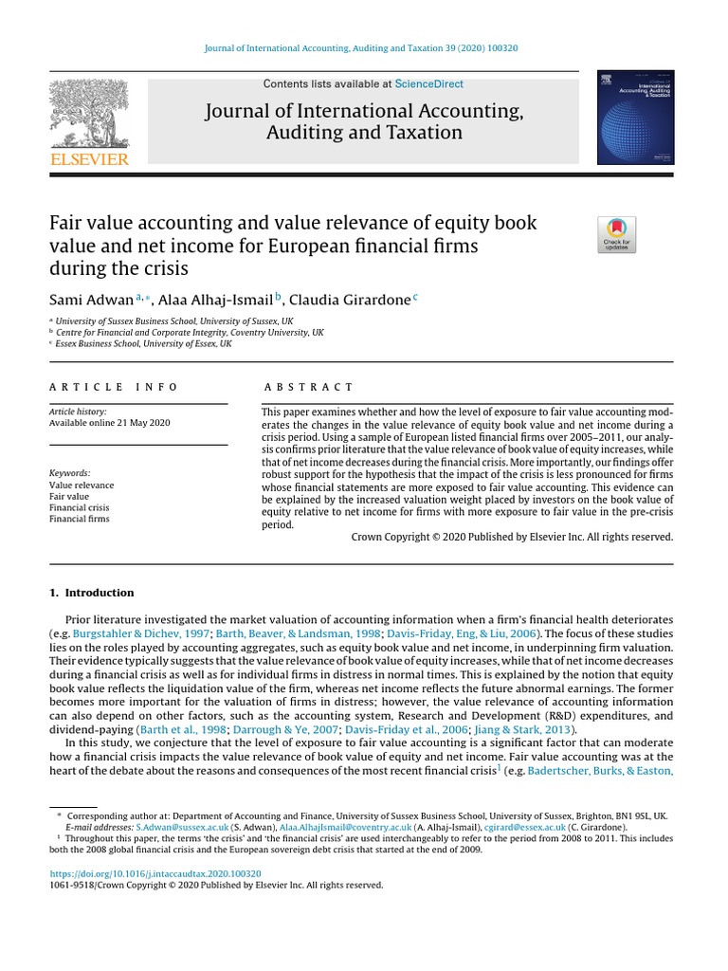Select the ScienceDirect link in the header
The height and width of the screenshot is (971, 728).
[x=429, y=84]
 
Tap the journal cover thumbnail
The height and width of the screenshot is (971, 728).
[x=635, y=117]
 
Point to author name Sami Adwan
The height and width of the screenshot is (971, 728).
[x=91, y=300]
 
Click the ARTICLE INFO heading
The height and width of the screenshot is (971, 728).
[x=114, y=387]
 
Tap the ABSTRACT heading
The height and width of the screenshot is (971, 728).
[x=309, y=387]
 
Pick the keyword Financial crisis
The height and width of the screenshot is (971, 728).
[x=79, y=507]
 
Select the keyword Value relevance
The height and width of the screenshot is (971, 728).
[x=81, y=485]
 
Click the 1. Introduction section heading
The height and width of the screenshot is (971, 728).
[x=92, y=593]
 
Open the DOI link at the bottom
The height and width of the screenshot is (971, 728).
[x=155, y=873]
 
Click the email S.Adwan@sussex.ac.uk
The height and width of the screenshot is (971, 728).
[x=190, y=827]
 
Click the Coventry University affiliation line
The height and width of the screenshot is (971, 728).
[x=190, y=333]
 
